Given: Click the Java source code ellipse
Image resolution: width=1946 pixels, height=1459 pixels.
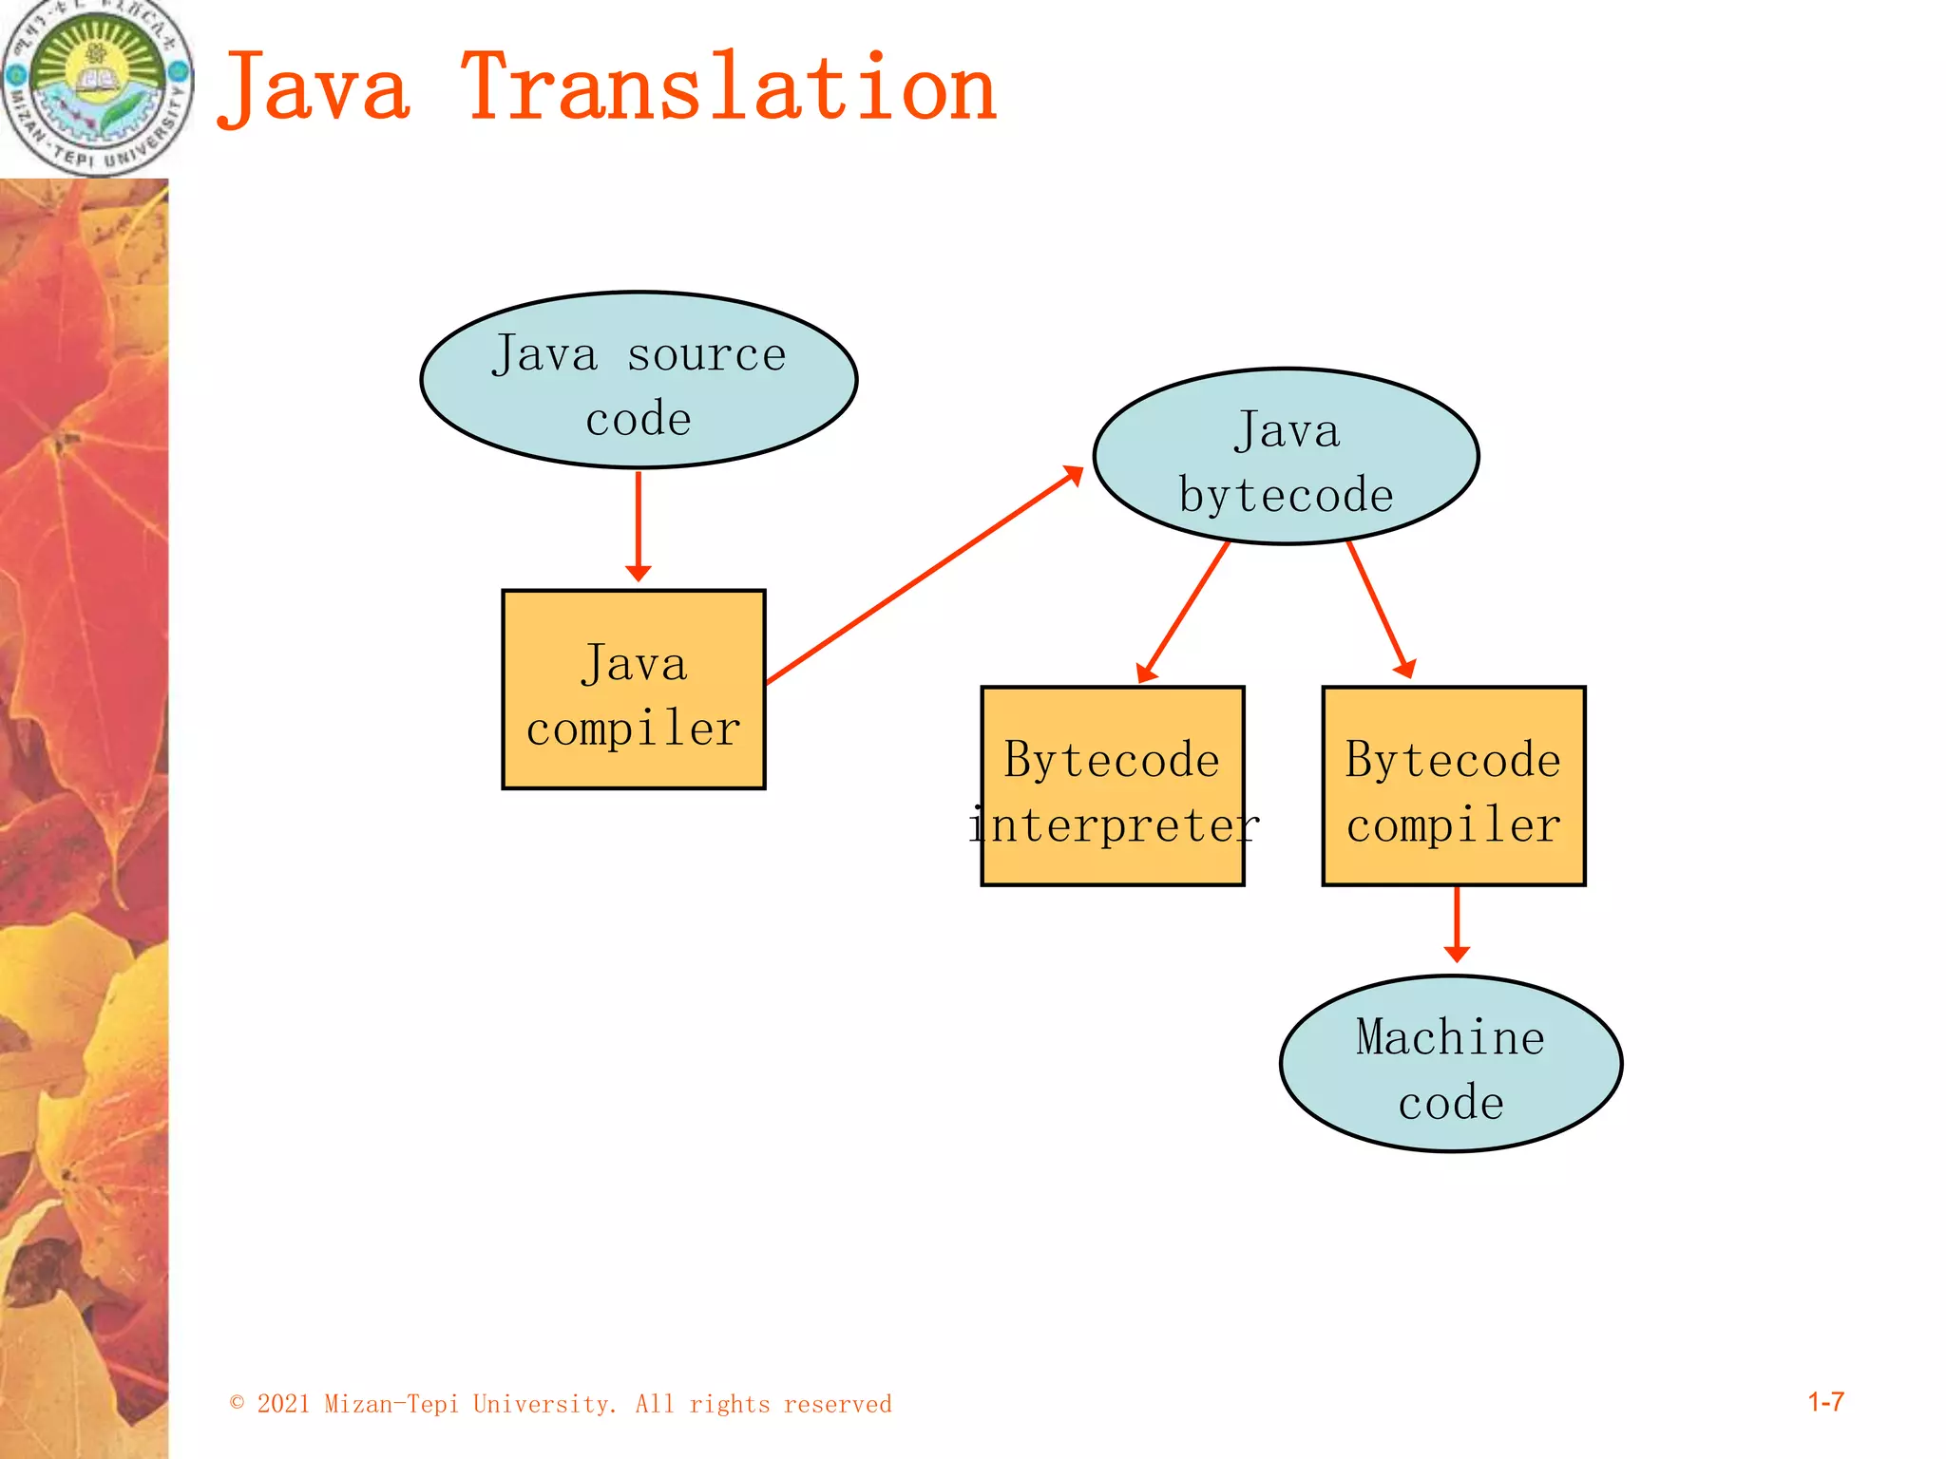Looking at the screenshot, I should coord(639,380).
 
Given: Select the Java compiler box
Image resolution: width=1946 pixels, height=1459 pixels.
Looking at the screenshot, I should coord(634,690).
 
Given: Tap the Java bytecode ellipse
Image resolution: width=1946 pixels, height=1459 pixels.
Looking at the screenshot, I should coord(1286,457).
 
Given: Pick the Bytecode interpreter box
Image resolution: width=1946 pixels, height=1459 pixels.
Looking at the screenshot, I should coord(1113,786).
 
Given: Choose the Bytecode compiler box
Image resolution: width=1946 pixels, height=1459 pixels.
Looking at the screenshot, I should coord(1454,786).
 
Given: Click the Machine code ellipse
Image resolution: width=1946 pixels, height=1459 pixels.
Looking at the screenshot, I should coord(1450,1064).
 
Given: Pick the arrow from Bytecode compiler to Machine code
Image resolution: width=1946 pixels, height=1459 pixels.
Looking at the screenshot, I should coord(1457,922).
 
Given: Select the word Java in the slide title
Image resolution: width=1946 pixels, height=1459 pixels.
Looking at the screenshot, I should coord(315,90).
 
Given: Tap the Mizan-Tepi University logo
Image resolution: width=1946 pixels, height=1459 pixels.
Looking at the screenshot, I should coord(97,87).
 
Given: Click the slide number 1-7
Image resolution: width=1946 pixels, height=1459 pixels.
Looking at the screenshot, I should coord(1825,1402).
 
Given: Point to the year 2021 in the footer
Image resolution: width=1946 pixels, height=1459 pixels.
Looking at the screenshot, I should coord(283,1404).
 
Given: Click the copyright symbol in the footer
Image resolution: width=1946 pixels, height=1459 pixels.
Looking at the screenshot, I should coord(238,1403).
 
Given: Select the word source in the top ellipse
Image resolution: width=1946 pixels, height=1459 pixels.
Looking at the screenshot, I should coord(706,355).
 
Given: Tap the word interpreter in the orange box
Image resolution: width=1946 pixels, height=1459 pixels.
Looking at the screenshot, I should coord(1114,824).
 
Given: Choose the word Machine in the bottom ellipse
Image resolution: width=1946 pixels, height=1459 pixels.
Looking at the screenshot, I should coord(1450,1036).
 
